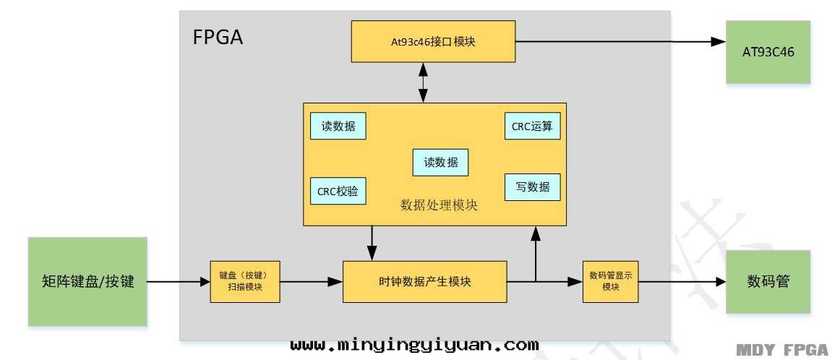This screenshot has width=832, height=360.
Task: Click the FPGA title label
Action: [x=218, y=38]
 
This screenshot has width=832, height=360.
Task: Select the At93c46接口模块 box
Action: [x=433, y=41]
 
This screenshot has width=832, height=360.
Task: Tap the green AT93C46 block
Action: [x=768, y=51]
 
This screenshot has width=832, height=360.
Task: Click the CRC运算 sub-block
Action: [x=532, y=126]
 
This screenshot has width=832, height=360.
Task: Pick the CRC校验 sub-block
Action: [x=338, y=192]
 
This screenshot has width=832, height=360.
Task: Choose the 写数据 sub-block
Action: [x=532, y=187]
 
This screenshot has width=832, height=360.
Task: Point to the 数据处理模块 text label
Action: [x=439, y=205]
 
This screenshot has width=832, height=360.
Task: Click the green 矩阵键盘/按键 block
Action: [x=88, y=282]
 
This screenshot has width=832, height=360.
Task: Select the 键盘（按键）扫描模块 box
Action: [x=244, y=282]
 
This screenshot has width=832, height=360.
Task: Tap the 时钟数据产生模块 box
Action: [x=425, y=282]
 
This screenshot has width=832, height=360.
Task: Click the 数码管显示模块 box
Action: [x=611, y=282]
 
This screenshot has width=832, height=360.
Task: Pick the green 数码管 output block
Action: [x=768, y=282]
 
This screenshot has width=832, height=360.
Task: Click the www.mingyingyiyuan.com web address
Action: [x=414, y=345]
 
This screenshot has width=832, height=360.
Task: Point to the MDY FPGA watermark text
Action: [x=782, y=351]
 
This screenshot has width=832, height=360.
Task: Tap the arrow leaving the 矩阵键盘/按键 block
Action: [x=178, y=282]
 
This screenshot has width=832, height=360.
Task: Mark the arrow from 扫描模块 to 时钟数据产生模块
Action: [x=311, y=282]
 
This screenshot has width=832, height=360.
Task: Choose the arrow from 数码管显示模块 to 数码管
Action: [x=682, y=282]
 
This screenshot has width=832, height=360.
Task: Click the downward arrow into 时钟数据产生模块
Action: [x=372, y=243]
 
